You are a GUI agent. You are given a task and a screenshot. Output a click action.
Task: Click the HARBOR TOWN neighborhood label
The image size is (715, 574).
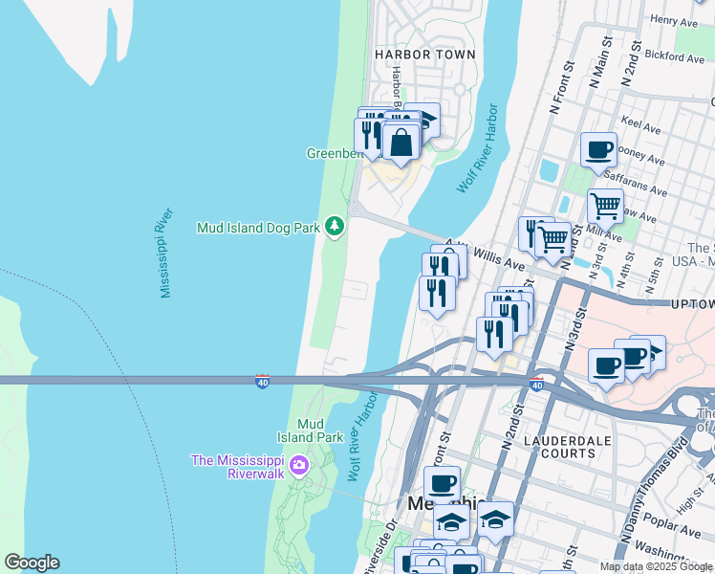point(424,55)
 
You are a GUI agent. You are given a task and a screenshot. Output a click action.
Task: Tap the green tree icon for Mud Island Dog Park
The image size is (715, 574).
point(334,227)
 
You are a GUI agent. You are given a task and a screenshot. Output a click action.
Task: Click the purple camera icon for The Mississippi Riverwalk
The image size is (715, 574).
point(299,466)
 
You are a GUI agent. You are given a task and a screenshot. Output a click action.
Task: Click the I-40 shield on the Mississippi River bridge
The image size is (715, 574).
point(263,382)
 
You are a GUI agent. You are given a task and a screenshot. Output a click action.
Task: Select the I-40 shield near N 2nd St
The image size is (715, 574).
point(537,384)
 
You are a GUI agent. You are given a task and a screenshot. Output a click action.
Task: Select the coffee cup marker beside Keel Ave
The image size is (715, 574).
point(598,149)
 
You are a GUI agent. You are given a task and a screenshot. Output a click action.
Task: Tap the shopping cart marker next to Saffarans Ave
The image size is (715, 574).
point(604,204)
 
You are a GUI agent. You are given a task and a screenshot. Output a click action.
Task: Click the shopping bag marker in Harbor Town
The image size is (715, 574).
point(402,143)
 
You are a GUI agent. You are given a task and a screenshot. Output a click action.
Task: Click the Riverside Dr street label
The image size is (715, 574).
point(379,545)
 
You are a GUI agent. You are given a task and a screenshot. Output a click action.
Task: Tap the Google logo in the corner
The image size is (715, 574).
point(32,562)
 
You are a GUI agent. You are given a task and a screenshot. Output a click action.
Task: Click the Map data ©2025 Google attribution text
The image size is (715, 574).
point(655,566)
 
